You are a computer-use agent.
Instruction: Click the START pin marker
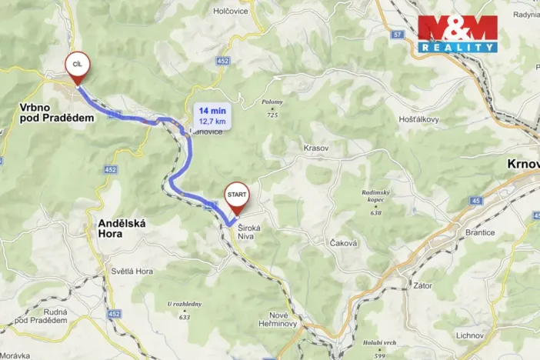(x=235, y=198)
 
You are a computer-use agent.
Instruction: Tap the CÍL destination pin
(x=77, y=66)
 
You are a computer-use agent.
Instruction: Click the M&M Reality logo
(x=457, y=33)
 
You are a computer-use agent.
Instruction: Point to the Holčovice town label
(x=235, y=11)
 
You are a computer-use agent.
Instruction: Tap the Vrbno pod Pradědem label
(x=57, y=112)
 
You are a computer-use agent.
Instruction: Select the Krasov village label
(x=315, y=146)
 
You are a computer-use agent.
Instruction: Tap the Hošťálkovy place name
(x=418, y=119)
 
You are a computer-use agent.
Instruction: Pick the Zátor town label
(x=423, y=285)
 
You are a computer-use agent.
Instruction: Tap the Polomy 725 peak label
(x=272, y=107)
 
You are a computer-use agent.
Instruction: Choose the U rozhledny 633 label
(x=184, y=309)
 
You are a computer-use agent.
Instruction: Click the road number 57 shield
(x=397, y=35)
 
